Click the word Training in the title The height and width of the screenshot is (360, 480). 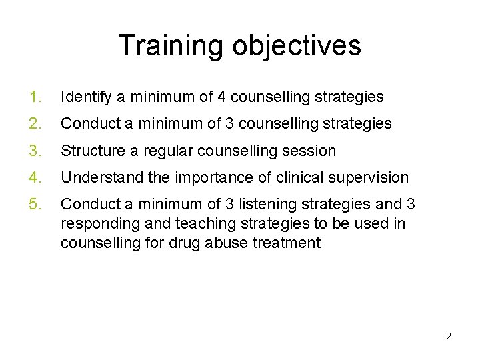[x=171, y=45]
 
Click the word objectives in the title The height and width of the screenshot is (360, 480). [x=297, y=45]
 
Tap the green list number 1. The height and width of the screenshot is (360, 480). [x=35, y=97]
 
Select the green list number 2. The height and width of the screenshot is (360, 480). [x=35, y=124]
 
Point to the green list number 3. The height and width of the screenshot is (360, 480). [x=35, y=151]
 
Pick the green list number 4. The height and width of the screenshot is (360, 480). [x=35, y=177]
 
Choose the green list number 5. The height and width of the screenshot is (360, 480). [x=35, y=204]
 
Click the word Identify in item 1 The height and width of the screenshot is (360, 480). [x=86, y=97]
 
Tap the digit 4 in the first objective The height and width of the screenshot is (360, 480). [x=221, y=97]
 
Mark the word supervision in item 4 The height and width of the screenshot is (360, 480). [x=372, y=177]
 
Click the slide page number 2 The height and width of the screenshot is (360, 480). [x=449, y=336]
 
